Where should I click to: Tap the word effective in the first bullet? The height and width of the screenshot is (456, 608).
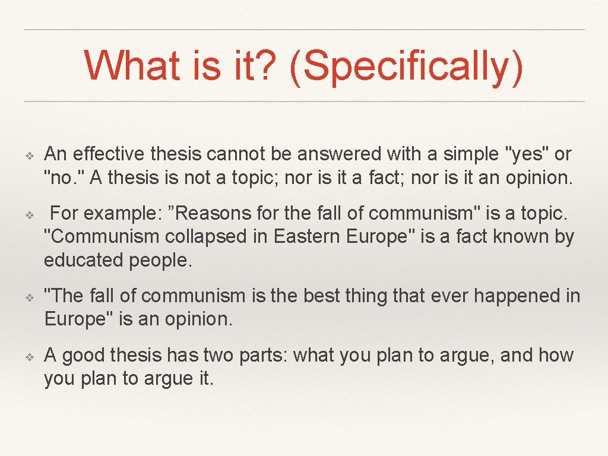pos(109,154)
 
